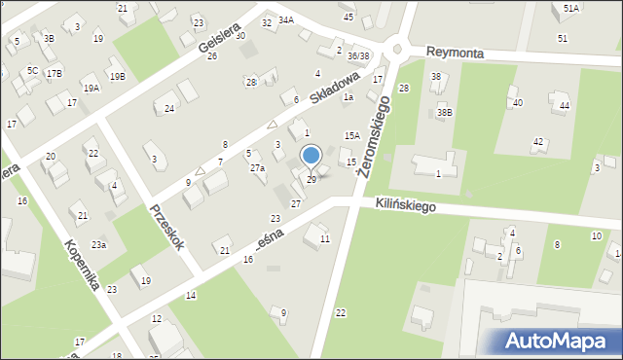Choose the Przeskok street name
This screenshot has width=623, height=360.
pos(166,228)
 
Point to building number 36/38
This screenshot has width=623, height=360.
pos(359,56)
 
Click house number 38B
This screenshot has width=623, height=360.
pos(445,112)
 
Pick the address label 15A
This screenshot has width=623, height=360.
pos(352,136)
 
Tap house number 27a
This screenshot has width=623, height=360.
pos(257,168)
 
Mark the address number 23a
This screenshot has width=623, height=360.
pos(99,245)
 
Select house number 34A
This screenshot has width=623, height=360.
pos(285,19)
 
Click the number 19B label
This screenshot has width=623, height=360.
pos(117,76)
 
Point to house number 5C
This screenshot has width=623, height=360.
pos(32,71)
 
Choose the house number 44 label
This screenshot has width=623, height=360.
pos(564,105)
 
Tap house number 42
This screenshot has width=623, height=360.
pos(537,142)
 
